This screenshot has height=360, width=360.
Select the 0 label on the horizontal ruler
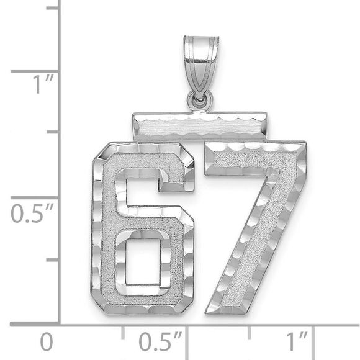click(x=45, y=342)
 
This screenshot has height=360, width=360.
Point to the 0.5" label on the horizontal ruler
click(x=160, y=342)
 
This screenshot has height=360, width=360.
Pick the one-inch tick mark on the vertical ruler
click(x=34, y=71)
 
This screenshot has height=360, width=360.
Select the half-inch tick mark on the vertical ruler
click(x=34, y=197)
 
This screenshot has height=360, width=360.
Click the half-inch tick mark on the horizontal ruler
click(x=186, y=333)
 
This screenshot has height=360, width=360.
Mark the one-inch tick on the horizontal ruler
click(x=313, y=333)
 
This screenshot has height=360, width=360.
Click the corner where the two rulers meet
click(x=60, y=323)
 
